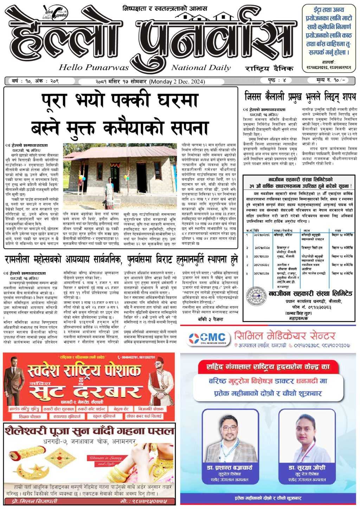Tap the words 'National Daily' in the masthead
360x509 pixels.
[x=201, y=67]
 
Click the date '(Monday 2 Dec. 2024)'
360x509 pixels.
[x=177, y=82]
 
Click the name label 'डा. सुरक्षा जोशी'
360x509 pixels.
[x=307, y=468]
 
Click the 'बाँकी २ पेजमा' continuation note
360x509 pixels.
[x=210, y=319]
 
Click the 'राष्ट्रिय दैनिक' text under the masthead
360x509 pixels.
[x=269, y=68]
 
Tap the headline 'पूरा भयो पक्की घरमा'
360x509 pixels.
[x=120, y=102]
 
